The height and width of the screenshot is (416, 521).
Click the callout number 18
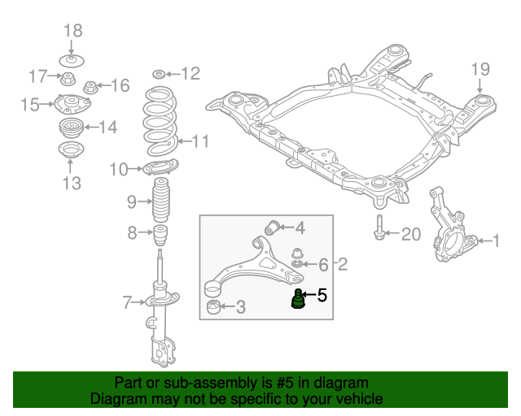click(x=72, y=31)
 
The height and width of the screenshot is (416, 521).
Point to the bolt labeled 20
click(x=379, y=231)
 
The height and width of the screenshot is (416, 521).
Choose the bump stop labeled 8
click(x=161, y=236)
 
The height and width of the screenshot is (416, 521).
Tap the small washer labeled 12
click(x=159, y=74)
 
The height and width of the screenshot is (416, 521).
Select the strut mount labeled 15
click(x=72, y=105)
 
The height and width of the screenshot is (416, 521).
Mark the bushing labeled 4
click(x=274, y=226)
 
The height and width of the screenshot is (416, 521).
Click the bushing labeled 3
click(x=214, y=307)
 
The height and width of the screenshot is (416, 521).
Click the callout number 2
click(x=343, y=264)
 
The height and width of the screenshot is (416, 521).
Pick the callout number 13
click(x=72, y=184)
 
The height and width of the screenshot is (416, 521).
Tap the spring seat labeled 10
click(x=160, y=169)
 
